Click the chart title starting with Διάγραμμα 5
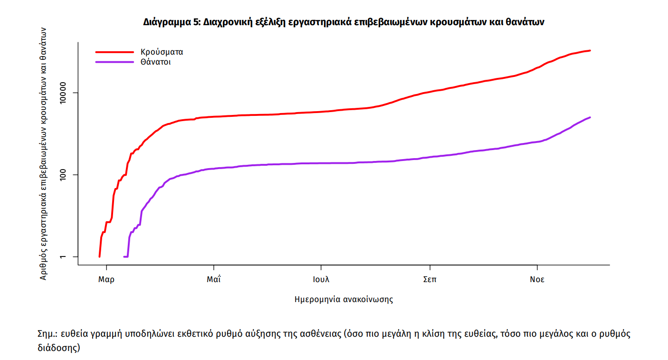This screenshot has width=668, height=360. (344, 22)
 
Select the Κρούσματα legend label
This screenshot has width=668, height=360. (162, 52)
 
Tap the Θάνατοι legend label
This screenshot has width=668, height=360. (155, 62)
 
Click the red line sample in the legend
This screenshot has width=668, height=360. (115, 52)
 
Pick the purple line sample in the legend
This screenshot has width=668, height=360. (115, 62)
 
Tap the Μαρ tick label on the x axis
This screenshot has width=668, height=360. (106, 279)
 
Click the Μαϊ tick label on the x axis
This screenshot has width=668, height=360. (214, 279)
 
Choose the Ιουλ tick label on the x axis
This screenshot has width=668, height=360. (321, 279)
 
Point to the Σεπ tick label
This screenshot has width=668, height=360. (430, 279)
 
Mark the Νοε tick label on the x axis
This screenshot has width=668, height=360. (537, 279)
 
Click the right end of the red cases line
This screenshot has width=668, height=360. (590, 50)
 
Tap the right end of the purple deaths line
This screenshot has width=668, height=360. (590, 117)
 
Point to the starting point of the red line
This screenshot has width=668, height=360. (99, 256)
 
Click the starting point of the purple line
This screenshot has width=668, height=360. (124, 256)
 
